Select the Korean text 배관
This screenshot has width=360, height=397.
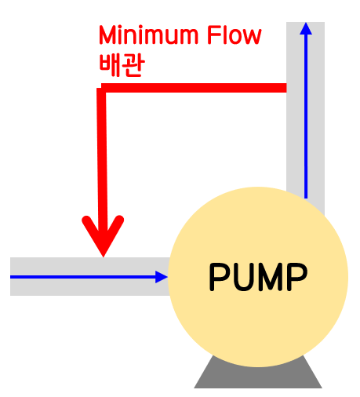point(120,65)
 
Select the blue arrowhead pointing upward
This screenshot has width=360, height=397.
point(306,30)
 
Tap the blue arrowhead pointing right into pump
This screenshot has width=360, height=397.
point(162,276)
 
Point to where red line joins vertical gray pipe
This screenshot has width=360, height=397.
point(285,88)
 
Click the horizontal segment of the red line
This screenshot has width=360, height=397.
point(196,88)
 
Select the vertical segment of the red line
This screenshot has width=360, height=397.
point(102,157)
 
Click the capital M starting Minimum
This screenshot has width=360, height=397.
point(107,36)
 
